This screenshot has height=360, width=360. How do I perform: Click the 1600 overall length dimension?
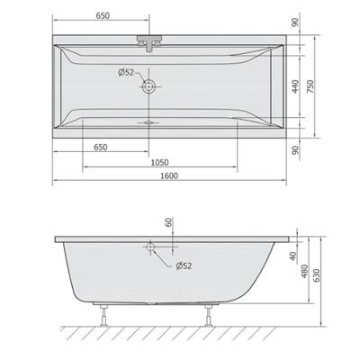pos(169,175)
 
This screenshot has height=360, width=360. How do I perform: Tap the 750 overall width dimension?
pos(335,85)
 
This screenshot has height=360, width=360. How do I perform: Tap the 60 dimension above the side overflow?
pos(167,224)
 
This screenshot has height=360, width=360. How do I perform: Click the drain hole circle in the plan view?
pos(148,87)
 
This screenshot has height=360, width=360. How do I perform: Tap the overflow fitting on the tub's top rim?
pos(148,41)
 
